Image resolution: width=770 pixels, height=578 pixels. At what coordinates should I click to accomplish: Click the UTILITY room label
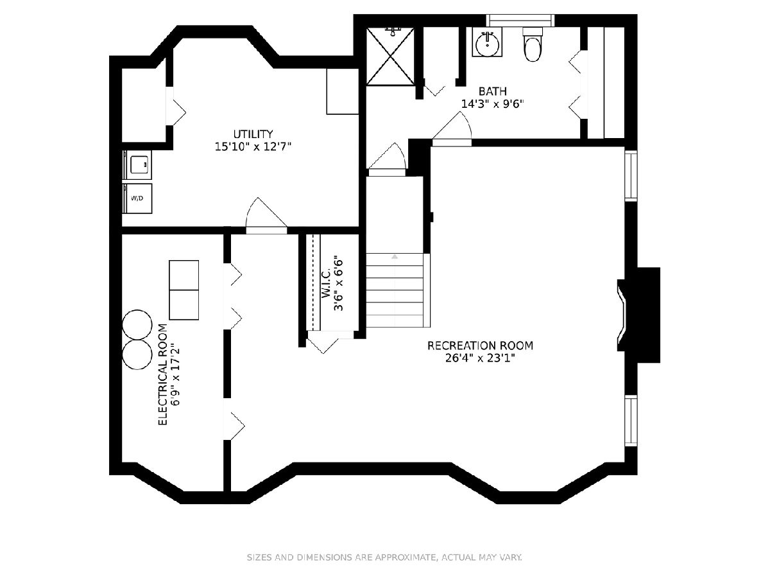click(253, 134)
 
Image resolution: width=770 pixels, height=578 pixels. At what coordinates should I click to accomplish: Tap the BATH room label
click(493, 91)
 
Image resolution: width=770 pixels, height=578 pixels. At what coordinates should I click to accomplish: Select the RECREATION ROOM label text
click(480, 346)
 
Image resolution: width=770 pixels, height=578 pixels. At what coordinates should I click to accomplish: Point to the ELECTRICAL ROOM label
click(163, 374)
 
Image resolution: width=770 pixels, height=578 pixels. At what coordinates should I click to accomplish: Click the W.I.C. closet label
click(326, 283)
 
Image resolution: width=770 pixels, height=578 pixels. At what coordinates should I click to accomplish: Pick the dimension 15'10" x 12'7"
click(253, 146)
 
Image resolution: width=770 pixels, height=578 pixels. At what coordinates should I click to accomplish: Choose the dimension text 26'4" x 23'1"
click(480, 358)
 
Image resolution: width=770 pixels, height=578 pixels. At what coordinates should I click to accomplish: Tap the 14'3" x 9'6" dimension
click(493, 104)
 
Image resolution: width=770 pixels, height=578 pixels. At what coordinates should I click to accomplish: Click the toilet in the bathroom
click(533, 44)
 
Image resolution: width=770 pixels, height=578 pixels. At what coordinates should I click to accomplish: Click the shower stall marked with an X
click(390, 56)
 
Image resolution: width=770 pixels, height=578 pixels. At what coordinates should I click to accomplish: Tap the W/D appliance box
click(137, 198)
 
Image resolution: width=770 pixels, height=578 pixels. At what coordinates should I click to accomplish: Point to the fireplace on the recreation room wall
click(638, 315)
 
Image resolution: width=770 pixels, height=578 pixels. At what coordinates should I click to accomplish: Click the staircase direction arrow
click(395, 257)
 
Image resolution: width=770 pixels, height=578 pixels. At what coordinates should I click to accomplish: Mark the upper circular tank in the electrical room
click(137, 324)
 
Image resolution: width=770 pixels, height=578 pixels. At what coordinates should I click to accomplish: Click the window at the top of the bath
click(520, 21)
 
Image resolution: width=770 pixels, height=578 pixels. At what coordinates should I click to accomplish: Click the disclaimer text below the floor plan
click(384, 557)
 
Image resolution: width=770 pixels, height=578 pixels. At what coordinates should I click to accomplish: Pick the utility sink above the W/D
click(137, 165)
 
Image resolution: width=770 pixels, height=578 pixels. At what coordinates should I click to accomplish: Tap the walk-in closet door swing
click(323, 346)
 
